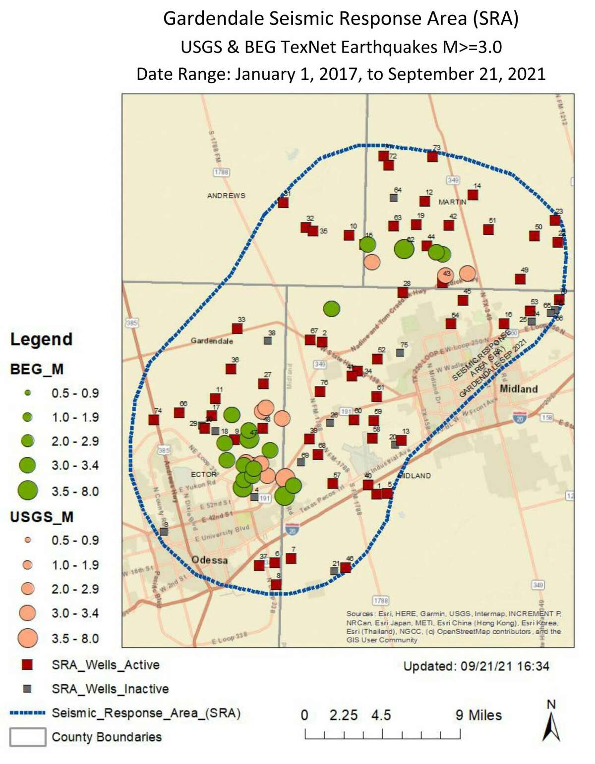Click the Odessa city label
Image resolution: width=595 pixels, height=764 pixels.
pos(210,560)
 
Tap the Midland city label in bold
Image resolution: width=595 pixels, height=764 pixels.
pos(519,388)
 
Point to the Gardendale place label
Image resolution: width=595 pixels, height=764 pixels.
pos(212,341)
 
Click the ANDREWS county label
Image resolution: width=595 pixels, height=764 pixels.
pos(226,196)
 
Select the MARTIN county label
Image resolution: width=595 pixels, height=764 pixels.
pos(452,202)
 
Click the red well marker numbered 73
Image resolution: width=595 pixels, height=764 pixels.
pos(432,157)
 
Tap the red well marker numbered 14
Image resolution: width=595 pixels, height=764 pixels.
pos(473,195)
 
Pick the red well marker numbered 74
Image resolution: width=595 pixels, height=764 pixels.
pos(154,420)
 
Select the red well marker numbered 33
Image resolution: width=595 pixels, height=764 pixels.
pos(238,328)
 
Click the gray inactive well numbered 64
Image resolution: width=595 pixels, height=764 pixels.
pos(394,197)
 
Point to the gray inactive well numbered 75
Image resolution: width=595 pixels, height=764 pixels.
pos(400,352)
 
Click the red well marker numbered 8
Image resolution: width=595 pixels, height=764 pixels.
pos(276,584)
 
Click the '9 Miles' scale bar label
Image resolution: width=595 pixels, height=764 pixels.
pos(478,715)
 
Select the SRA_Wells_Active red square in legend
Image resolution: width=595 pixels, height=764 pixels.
pos(28,665)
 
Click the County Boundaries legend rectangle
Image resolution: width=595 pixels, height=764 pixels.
pos(28,737)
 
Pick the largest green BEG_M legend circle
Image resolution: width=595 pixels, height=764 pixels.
pos(28,491)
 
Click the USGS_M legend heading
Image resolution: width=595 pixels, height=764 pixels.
pos(42,517)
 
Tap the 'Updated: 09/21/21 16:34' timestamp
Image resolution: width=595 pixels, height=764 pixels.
pos(476,666)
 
